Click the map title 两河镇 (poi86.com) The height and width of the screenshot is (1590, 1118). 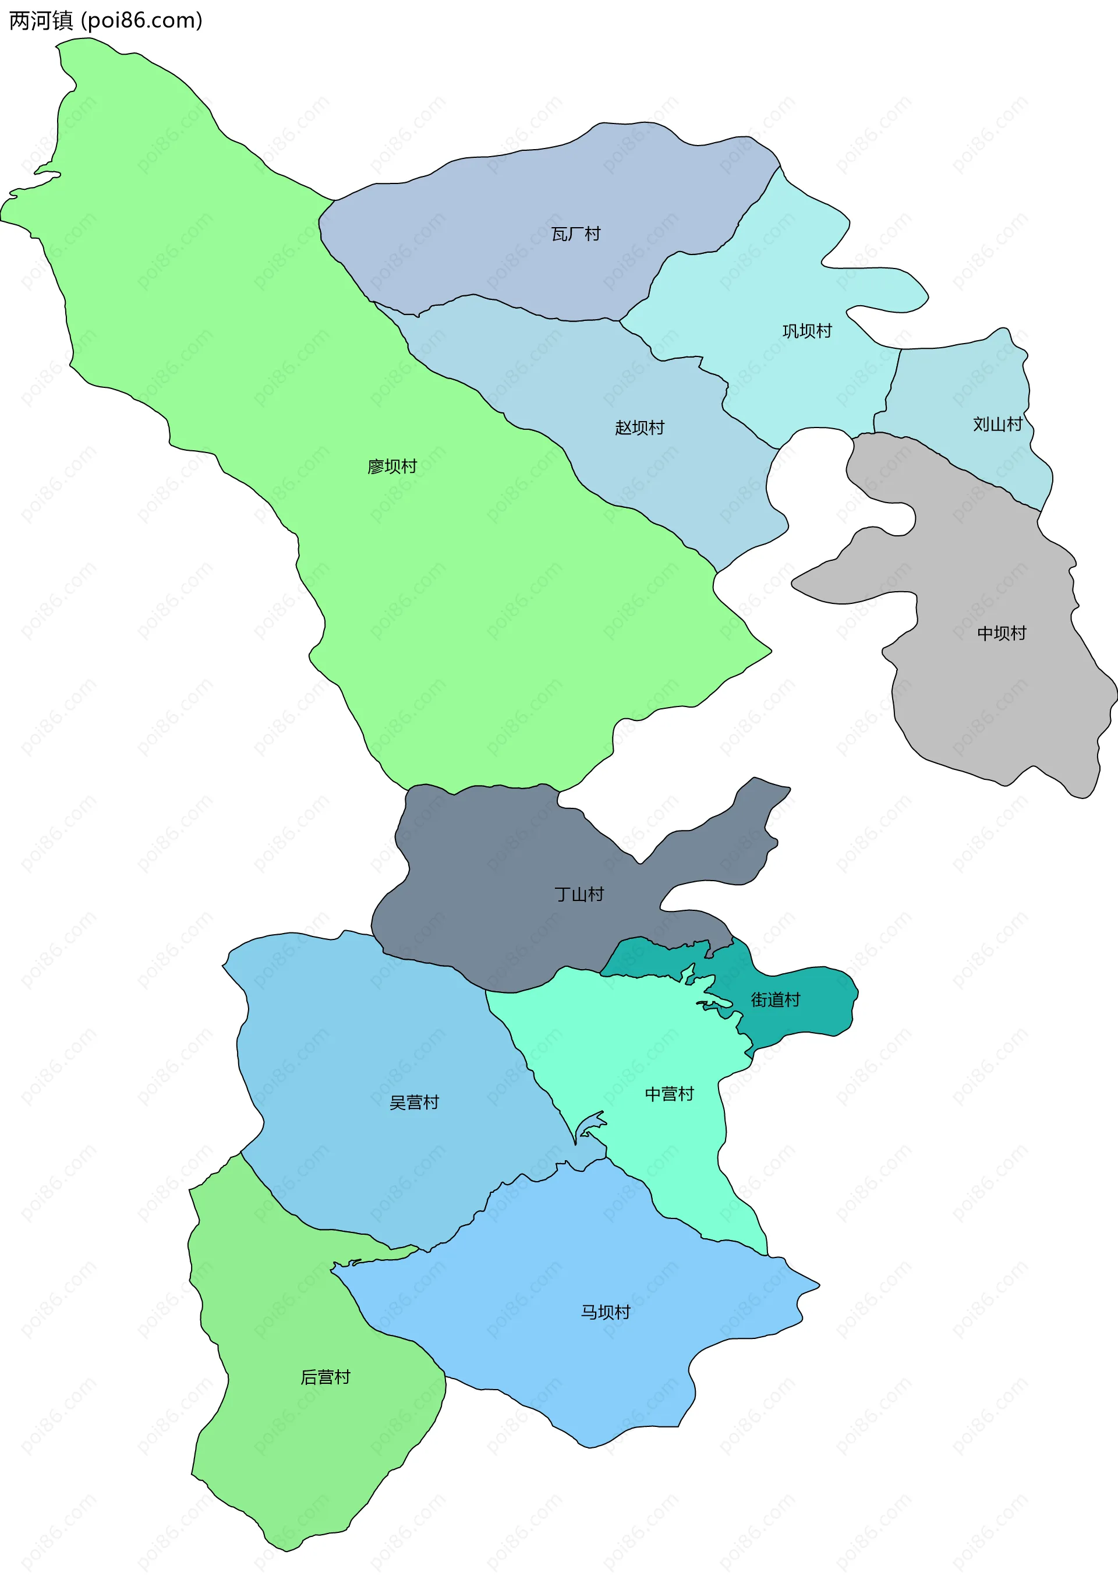(x=105, y=21)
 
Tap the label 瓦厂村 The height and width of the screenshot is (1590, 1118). (x=575, y=234)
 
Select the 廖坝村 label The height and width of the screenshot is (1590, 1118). (x=392, y=467)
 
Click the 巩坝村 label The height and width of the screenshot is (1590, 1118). (x=806, y=331)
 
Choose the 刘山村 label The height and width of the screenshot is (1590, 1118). (x=997, y=425)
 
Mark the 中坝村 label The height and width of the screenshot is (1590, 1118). (x=1001, y=633)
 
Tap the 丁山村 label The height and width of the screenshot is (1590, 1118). (x=579, y=895)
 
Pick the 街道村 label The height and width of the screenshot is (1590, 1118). (x=776, y=1000)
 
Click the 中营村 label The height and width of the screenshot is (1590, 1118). (x=668, y=1094)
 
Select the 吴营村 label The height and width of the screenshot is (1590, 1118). (x=414, y=1103)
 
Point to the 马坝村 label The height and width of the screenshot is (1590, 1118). (x=605, y=1312)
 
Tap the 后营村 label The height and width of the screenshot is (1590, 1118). (x=326, y=1377)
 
